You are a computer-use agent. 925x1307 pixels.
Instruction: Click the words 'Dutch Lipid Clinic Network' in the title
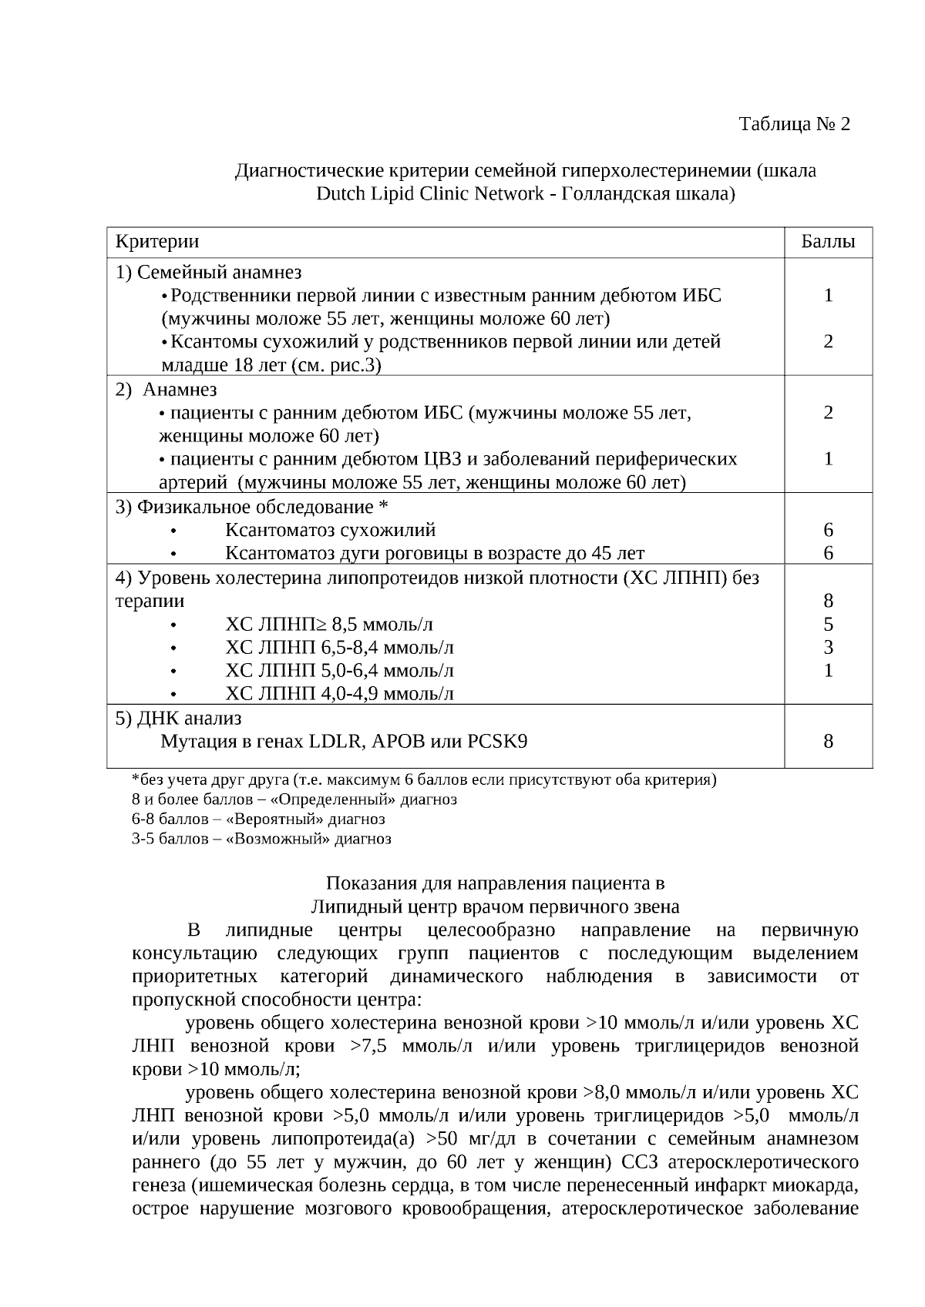tap(429, 193)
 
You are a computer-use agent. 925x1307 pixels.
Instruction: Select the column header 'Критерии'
tap(157, 241)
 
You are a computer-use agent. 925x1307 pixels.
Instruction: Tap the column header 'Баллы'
tap(828, 241)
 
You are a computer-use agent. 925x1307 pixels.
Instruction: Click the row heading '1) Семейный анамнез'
tap(208, 272)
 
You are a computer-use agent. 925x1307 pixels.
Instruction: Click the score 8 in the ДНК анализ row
tap(828, 742)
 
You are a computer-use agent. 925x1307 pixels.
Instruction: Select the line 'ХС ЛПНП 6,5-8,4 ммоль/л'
tap(339, 647)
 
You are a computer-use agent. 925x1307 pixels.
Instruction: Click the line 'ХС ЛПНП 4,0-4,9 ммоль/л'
tap(339, 694)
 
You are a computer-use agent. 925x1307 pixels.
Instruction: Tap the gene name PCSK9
tap(497, 742)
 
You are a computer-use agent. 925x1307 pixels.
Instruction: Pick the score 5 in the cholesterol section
tap(828, 624)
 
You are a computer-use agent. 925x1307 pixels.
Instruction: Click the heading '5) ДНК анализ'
tap(178, 718)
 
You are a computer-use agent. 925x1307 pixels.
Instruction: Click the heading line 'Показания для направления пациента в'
tap(495, 883)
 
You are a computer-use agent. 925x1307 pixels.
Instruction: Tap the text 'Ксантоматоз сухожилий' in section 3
tap(330, 530)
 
